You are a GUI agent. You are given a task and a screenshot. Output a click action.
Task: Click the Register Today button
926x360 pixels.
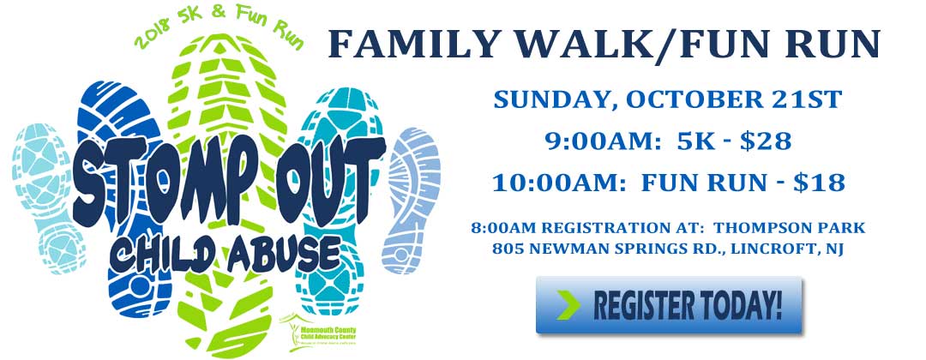[670, 305]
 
